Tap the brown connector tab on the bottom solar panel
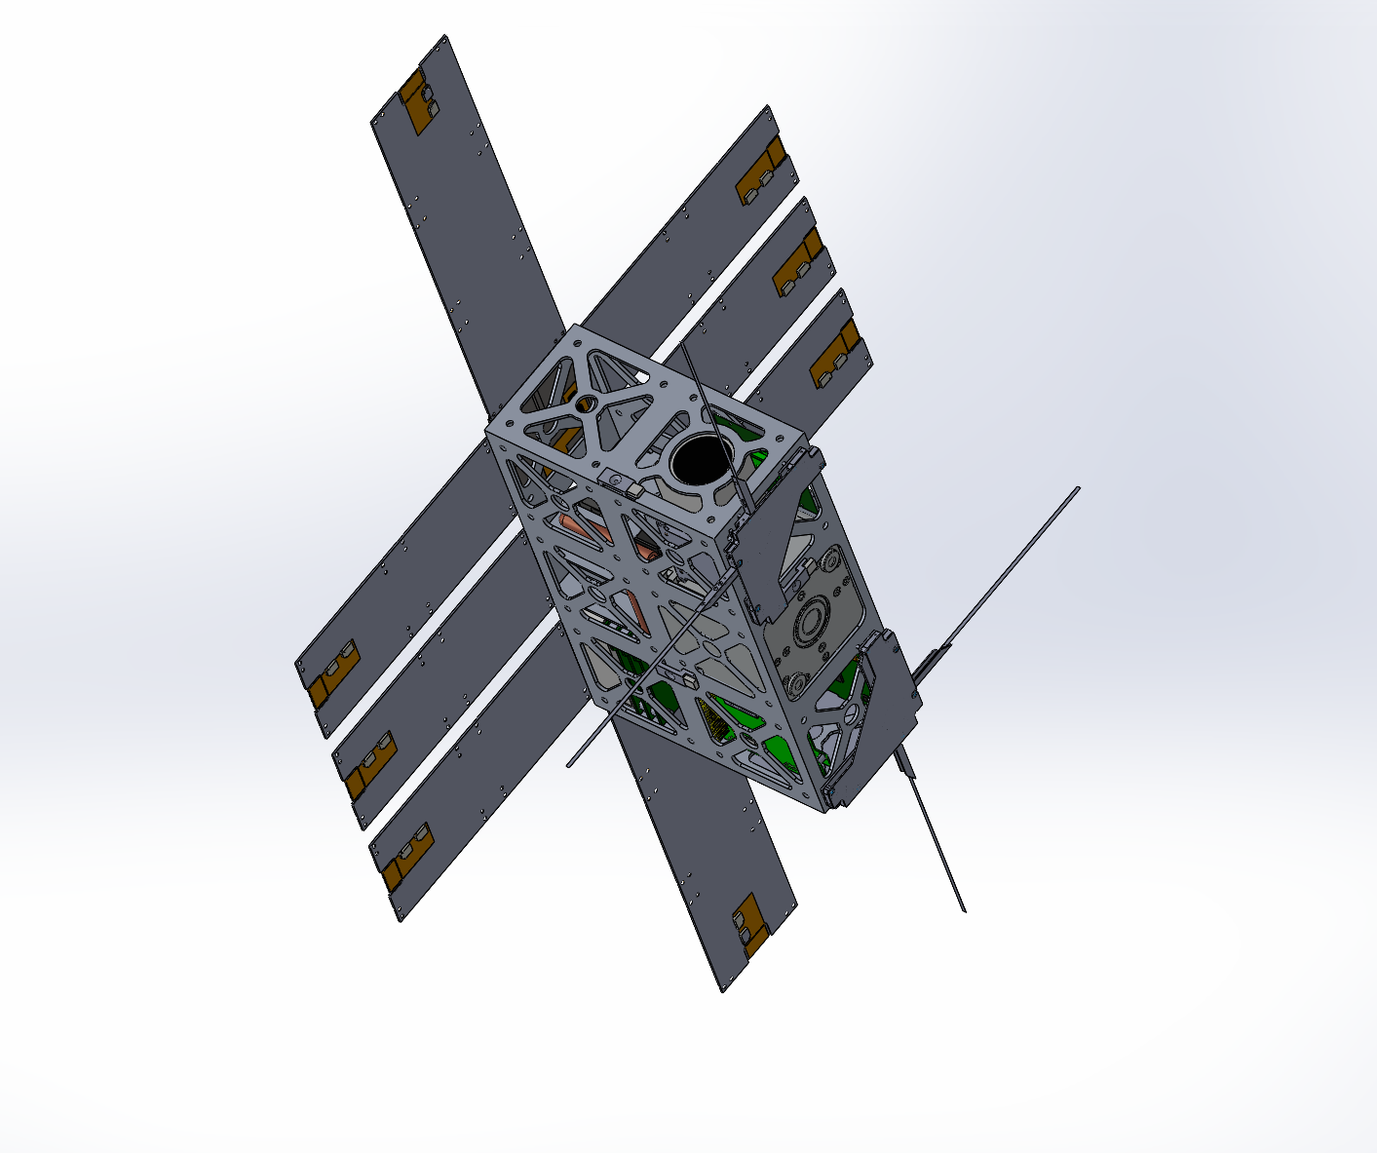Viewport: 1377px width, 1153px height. (749, 924)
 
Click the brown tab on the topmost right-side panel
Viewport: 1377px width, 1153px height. (761, 171)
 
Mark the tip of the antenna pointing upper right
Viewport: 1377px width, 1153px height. (1078, 488)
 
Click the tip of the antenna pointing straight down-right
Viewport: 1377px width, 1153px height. (964, 910)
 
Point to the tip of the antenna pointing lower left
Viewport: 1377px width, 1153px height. (569, 765)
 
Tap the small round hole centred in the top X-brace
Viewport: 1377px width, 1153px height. (586, 403)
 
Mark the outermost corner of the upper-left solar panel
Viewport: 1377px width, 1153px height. (446, 36)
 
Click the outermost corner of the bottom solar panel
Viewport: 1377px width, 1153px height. (723, 992)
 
